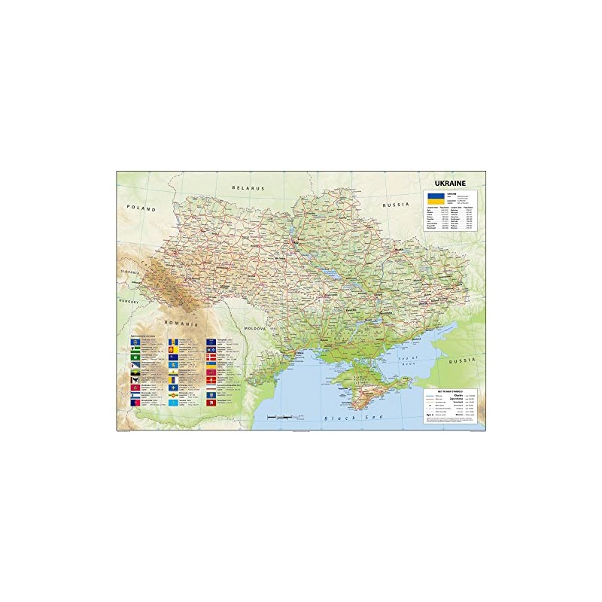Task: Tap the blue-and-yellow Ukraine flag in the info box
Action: [434, 199]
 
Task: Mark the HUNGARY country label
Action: [129, 299]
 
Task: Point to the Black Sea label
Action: [337, 418]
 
